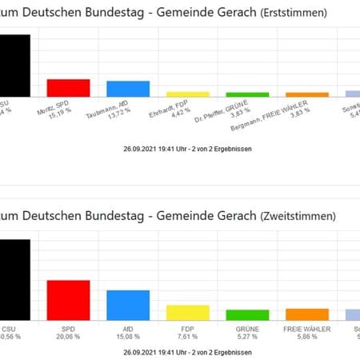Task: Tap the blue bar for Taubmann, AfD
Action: [128, 88]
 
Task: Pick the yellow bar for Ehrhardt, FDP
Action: [187, 94]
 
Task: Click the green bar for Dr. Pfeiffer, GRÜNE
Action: [247, 94]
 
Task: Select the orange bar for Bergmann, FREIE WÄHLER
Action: [307, 94]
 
